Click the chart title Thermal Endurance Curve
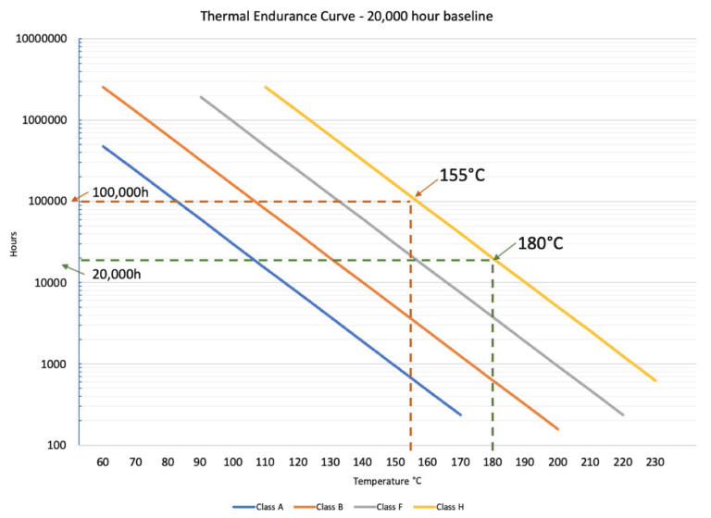355,16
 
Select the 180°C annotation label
541,243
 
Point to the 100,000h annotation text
122,192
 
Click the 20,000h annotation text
116,273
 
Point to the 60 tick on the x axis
103,461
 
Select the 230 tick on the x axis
655,461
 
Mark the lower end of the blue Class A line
460,415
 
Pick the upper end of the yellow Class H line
265,86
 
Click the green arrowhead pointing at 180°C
496,257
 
